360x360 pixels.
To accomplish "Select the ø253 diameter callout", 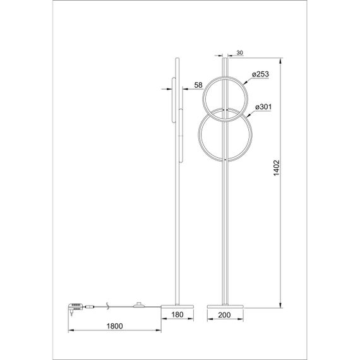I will click(x=260, y=75).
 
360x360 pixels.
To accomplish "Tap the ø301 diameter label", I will click(x=262, y=107).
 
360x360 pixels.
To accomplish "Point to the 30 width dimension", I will click(x=239, y=52).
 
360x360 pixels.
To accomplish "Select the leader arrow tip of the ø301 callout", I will click(x=245, y=116).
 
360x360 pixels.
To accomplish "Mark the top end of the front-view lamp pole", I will click(x=225, y=56).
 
